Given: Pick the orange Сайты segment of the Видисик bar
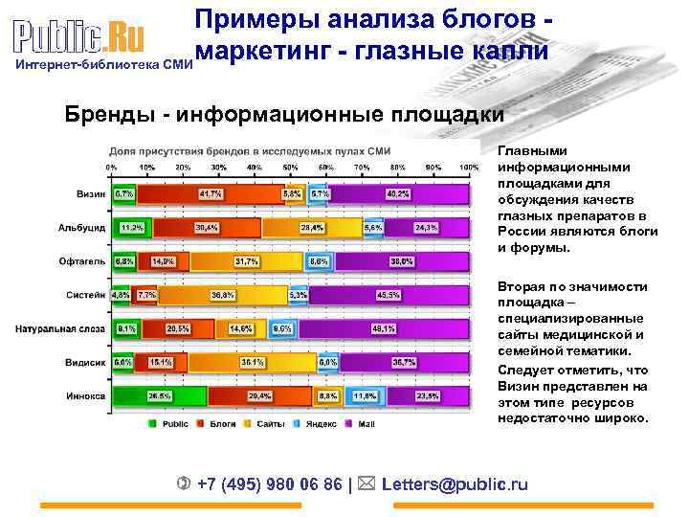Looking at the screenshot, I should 252,362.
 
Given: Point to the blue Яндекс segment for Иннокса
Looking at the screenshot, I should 364,394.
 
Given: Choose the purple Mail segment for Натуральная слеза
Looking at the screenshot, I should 382,328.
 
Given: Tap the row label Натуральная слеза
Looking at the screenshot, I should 59,328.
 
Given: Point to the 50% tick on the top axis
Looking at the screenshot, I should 290,168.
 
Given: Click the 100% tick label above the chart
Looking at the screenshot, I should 468,168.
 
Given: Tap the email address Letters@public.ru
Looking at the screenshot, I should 455,483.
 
